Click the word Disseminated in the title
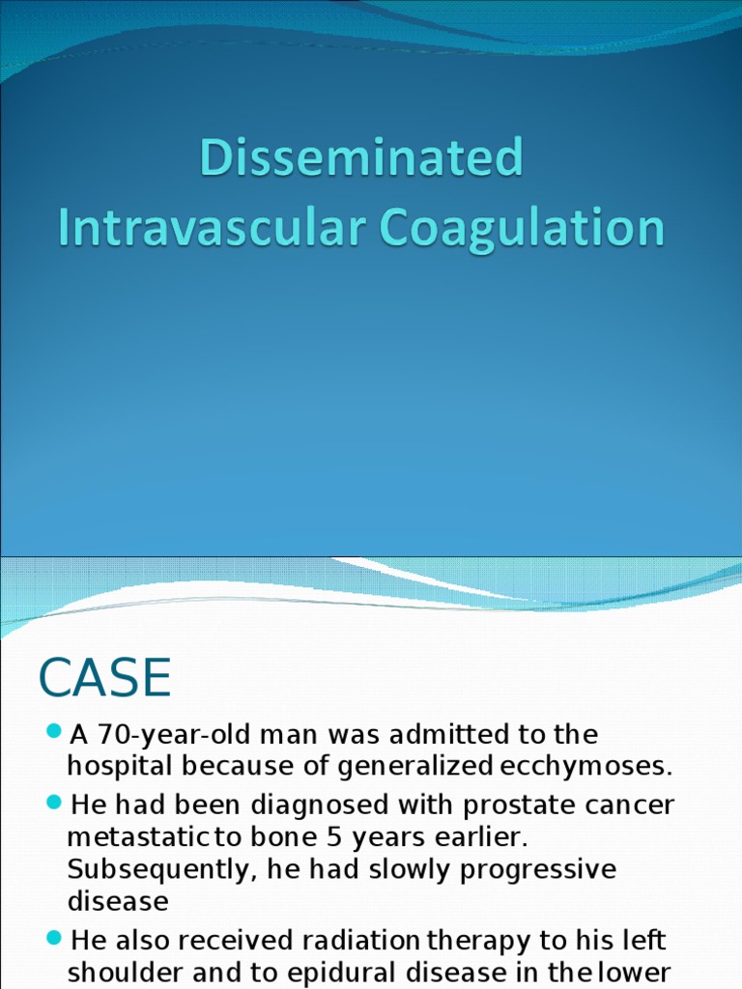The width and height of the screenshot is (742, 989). click(361, 159)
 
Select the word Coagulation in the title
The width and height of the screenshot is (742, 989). click(522, 228)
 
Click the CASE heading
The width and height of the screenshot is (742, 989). click(104, 678)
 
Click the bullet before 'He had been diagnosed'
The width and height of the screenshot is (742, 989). click(54, 802)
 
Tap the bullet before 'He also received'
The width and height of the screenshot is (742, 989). click(54, 937)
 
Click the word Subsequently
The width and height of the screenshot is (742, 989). click(157, 869)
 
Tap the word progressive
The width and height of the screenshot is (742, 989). click(537, 869)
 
